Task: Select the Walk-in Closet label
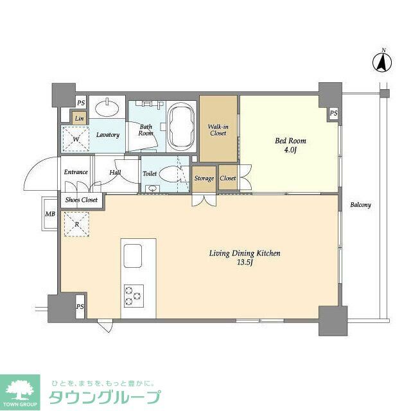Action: pos(218,130)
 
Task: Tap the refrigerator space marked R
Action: pos(76,224)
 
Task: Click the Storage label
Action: pos(204,179)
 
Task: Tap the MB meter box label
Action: pos(50,214)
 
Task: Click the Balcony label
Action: pos(361,205)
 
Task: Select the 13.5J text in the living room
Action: pos(245,263)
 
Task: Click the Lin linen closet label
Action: pos(79,119)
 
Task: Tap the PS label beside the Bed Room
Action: pos(333,114)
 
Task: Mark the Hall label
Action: pos(115,172)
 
